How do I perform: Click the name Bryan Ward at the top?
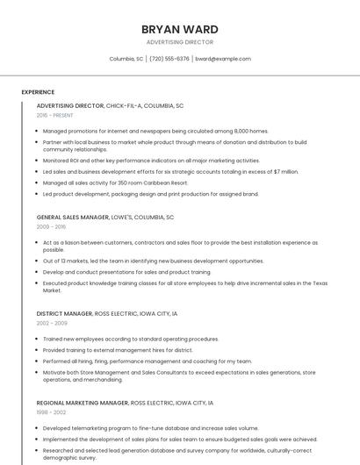(179, 29)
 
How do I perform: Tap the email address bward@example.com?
(223, 59)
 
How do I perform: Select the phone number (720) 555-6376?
(169, 59)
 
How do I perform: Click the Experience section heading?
(38, 92)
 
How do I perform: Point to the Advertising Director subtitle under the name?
(179, 42)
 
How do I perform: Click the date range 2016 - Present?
(55, 115)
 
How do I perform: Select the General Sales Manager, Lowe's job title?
(105, 217)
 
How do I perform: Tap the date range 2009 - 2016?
(51, 226)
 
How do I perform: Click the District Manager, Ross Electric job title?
(107, 313)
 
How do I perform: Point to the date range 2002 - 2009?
(51, 323)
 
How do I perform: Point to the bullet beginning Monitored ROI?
(151, 161)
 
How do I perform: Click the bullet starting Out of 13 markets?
(153, 261)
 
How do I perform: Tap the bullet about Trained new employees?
(131, 339)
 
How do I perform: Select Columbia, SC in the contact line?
(126, 59)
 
